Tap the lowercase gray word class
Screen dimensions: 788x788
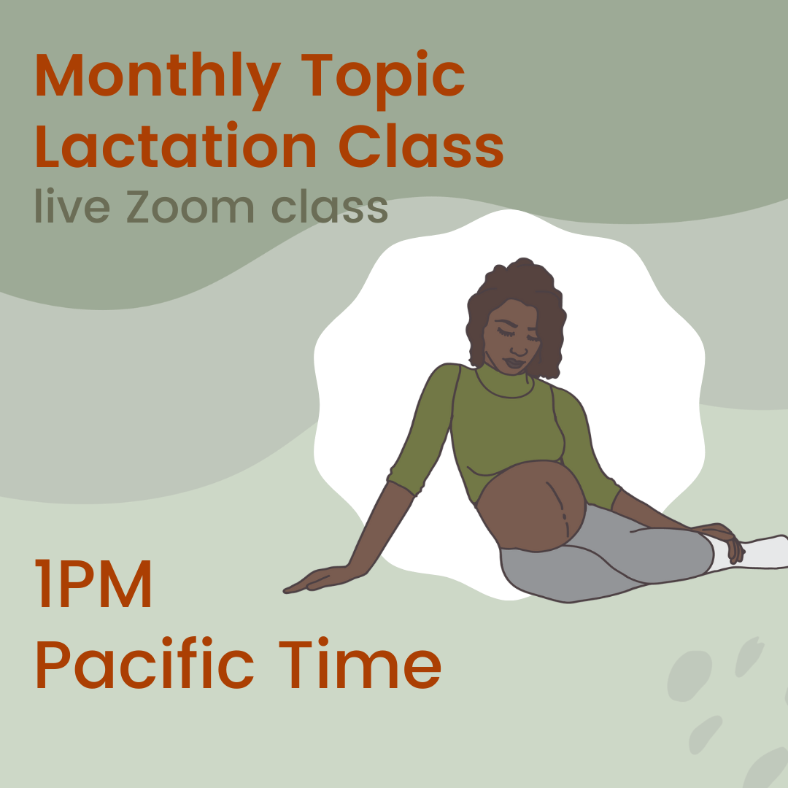[329, 207]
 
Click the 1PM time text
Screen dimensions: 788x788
[94, 586]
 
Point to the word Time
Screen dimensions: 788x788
[358, 665]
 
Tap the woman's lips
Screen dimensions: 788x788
[515, 362]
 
